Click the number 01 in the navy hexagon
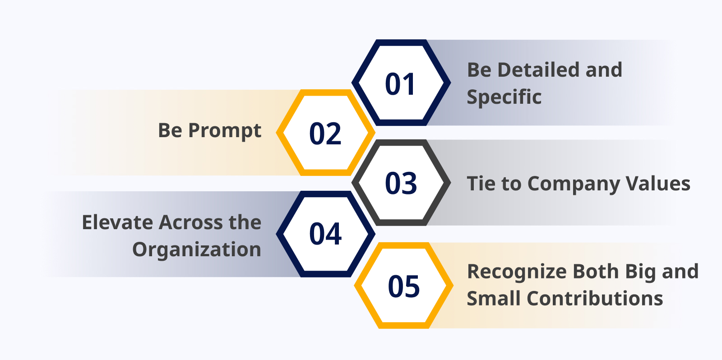[x=400, y=84]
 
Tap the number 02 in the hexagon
[x=325, y=134]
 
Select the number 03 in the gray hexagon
[x=401, y=183]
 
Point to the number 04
[x=325, y=234]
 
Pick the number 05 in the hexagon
[x=404, y=286]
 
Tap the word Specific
[x=504, y=97]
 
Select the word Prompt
[x=225, y=130]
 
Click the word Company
[x=574, y=184]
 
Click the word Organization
[x=197, y=250]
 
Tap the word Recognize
[x=517, y=272]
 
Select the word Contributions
[x=595, y=299]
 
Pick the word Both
[x=596, y=272]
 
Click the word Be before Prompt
[x=170, y=130]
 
